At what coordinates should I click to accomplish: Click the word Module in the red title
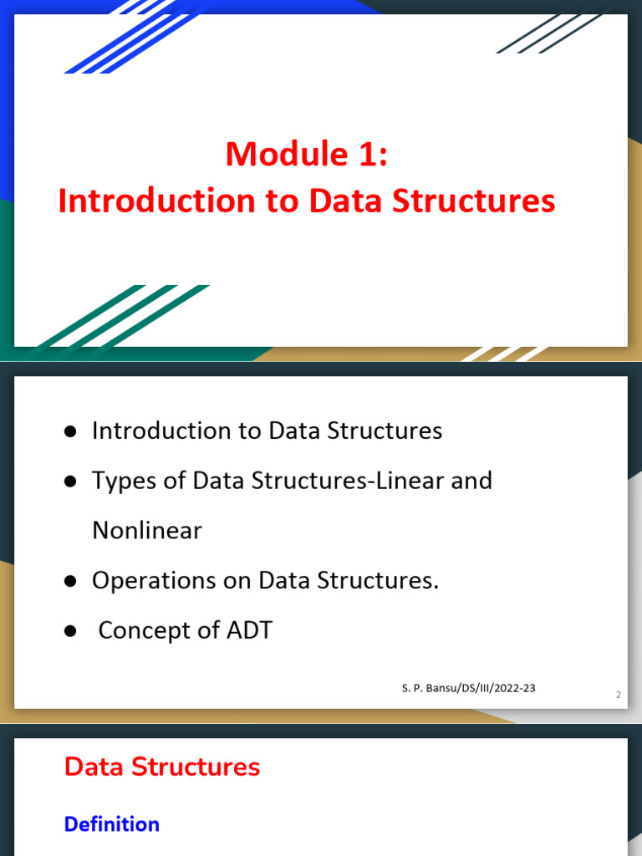[x=287, y=154]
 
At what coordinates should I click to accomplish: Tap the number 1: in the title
[x=373, y=154]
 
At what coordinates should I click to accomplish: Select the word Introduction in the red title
[x=157, y=201]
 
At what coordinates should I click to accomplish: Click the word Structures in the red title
[x=473, y=201]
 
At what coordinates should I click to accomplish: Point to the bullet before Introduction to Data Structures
[x=70, y=432]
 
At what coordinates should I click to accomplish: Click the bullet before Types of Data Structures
[x=70, y=481]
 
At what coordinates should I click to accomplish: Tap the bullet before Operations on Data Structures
[x=70, y=581]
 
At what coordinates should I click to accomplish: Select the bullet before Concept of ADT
[x=70, y=631]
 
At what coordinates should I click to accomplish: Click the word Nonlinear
[x=147, y=530]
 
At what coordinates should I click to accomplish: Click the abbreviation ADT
[x=249, y=630]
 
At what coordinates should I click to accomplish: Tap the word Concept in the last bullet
[x=145, y=631]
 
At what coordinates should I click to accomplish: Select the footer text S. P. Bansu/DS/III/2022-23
[x=468, y=688]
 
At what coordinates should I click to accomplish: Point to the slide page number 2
[x=618, y=695]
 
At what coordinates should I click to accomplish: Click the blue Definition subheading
[x=112, y=823]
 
